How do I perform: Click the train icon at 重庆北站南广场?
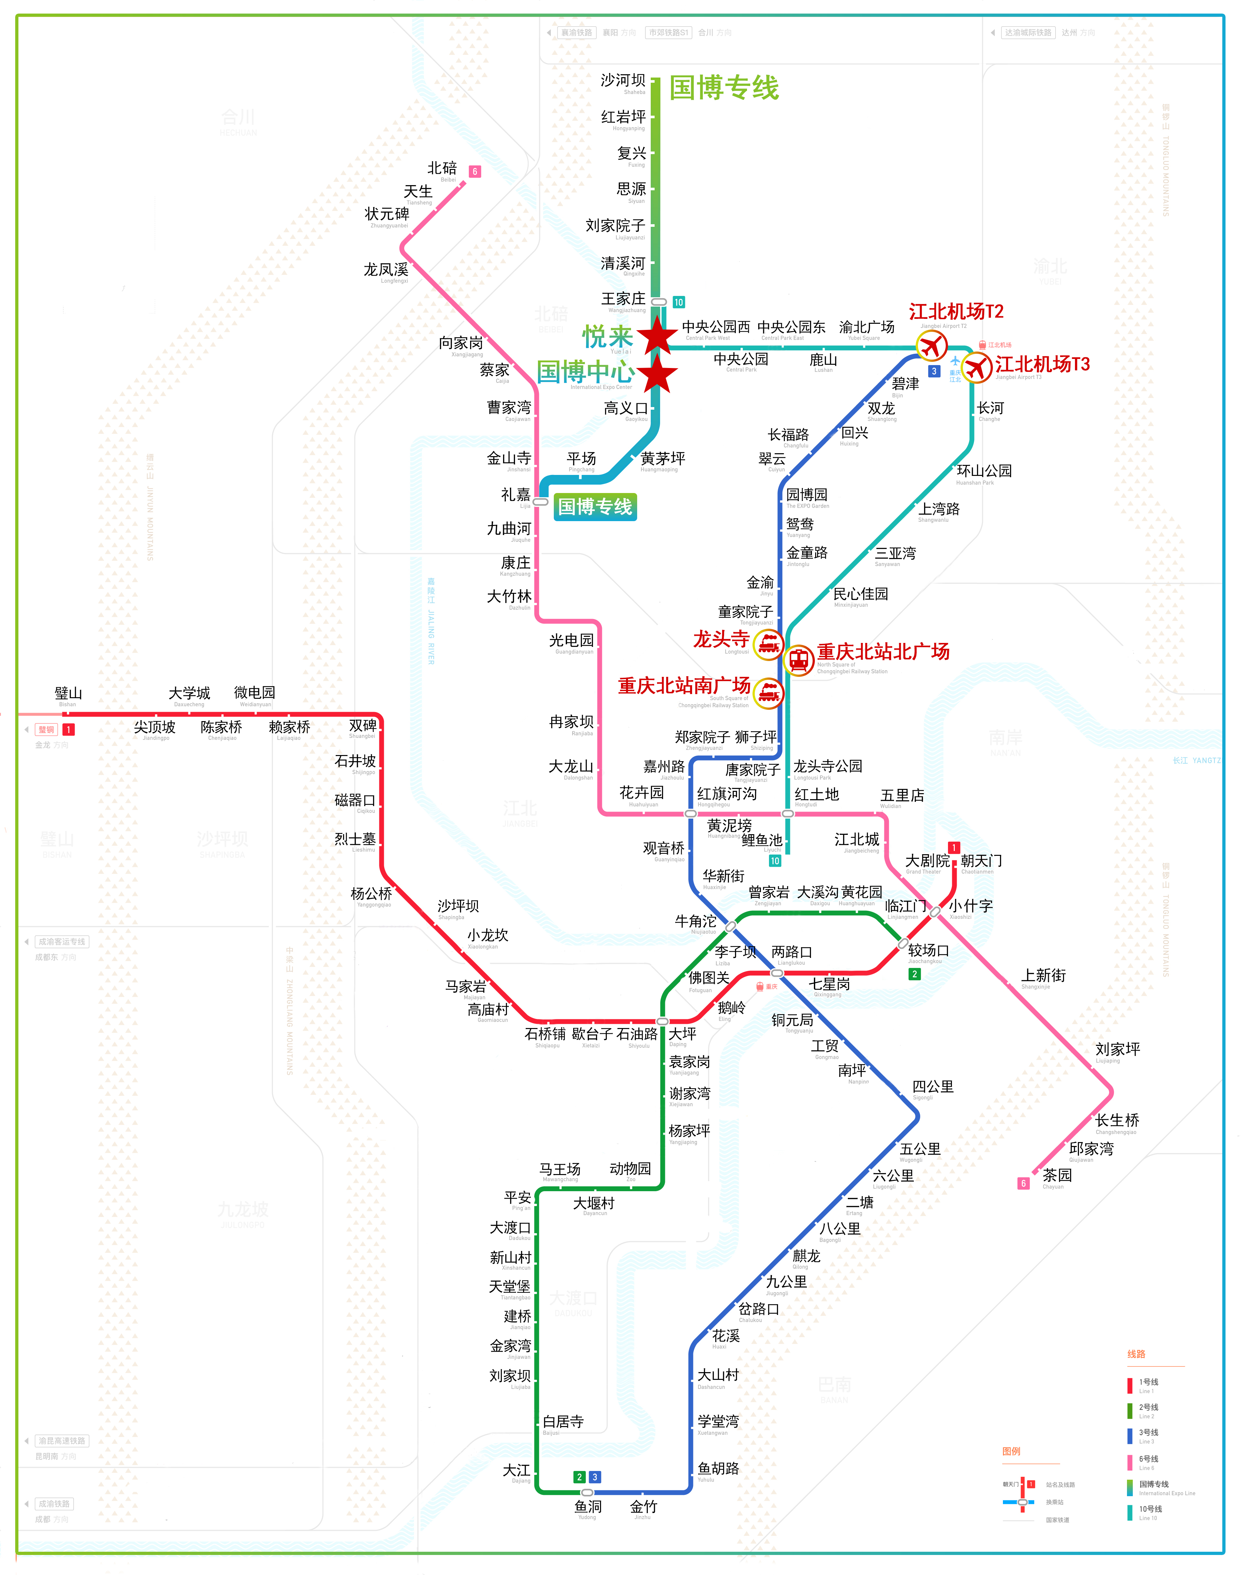(x=768, y=692)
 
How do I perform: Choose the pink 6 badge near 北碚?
(x=475, y=172)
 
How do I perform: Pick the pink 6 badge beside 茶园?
(x=1023, y=1183)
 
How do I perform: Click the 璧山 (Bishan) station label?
(x=68, y=694)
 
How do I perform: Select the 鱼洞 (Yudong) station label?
(x=588, y=1507)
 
